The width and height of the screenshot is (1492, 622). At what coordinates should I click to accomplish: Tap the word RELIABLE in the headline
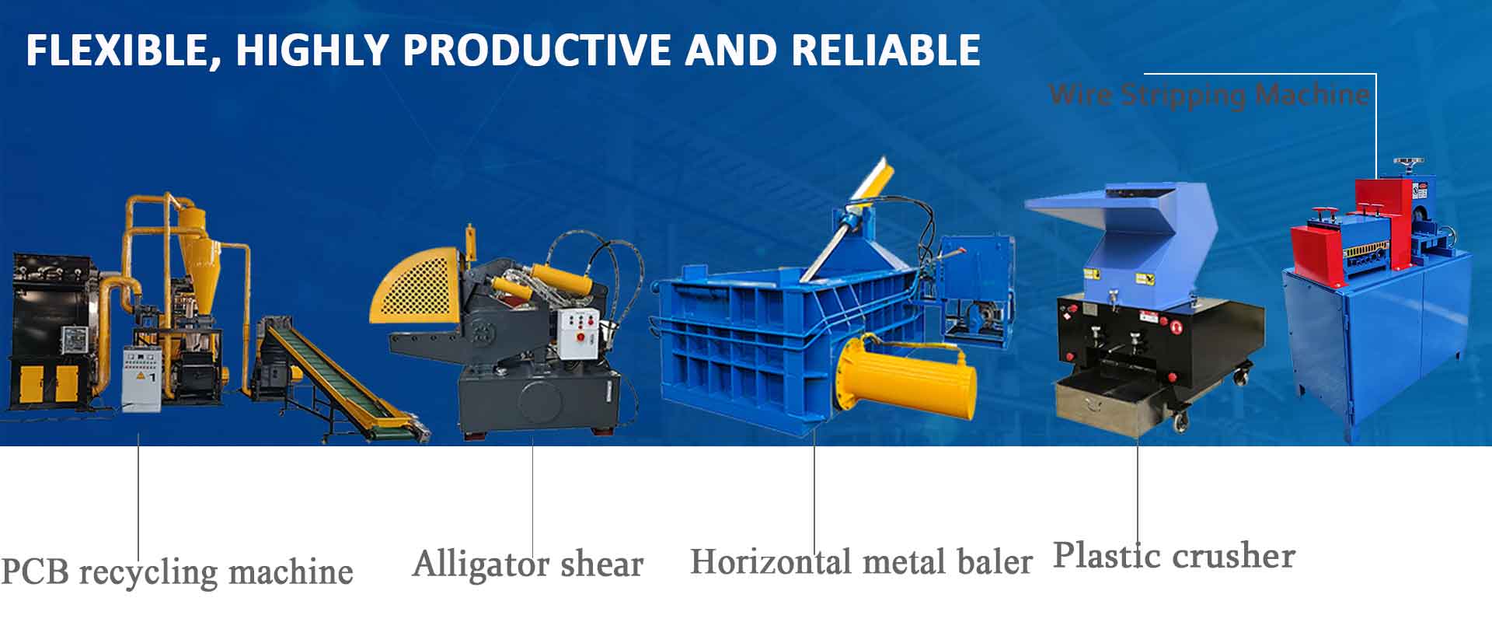point(886,51)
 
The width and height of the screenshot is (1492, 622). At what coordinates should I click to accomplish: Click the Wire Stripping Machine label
point(1209,95)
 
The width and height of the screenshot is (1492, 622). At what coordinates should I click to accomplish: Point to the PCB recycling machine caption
point(177,572)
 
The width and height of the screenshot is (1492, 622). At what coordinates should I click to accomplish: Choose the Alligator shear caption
point(528,564)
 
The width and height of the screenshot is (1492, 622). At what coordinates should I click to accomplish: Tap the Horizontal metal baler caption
point(862,561)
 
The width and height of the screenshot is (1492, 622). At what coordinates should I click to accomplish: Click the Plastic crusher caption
point(1174,555)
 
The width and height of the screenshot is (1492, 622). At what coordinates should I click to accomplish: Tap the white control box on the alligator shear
point(579,334)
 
